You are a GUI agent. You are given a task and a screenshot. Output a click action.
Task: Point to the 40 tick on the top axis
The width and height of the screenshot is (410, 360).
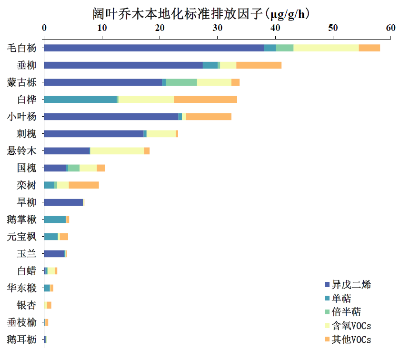275,28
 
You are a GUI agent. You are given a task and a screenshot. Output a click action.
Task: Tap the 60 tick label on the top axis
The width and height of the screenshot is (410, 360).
390,28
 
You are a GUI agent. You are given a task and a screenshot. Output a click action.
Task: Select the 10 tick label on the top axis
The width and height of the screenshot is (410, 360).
102,28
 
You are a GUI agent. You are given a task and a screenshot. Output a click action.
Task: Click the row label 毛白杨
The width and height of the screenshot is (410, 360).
22,48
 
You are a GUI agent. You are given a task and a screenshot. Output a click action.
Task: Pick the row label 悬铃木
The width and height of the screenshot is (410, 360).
22,151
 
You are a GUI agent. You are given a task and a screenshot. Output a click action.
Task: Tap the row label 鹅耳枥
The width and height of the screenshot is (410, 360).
22,340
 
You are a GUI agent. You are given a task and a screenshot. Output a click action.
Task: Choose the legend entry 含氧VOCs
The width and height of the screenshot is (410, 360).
351,326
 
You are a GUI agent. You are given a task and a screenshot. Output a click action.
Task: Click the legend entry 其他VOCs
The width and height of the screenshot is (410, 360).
351,340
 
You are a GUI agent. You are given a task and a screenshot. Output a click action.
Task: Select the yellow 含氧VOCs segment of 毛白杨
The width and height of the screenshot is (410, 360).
326,48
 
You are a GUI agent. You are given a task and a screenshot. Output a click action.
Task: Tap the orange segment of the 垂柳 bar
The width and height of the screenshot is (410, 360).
259,65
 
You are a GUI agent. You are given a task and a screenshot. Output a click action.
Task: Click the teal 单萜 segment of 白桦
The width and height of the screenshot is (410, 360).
80,99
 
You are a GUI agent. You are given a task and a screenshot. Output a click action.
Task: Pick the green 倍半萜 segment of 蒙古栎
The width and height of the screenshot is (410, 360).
181,82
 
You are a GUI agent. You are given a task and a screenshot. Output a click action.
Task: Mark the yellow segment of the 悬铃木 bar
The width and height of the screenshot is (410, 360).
117,151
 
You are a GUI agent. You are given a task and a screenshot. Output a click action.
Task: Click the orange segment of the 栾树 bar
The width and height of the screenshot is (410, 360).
84,185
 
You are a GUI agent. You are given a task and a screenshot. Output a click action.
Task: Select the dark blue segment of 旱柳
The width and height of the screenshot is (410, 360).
63,202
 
